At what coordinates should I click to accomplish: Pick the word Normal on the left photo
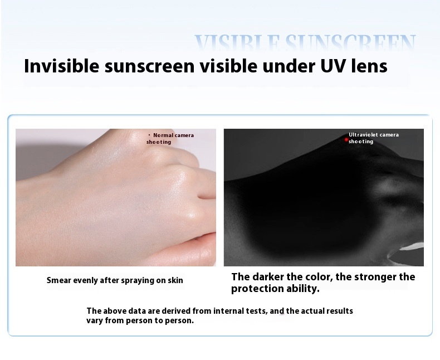pyautogui.click(x=163, y=135)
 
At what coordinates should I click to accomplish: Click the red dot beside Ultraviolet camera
pyautogui.click(x=346, y=139)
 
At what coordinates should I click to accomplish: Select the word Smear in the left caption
pyautogui.click(x=58, y=280)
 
